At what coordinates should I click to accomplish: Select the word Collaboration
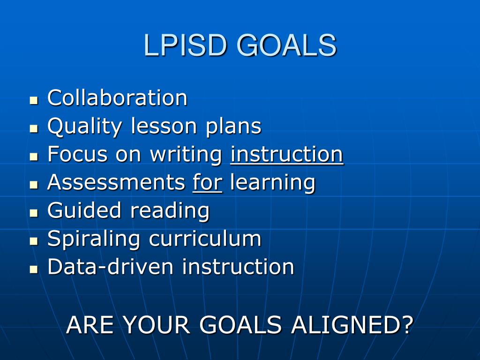coord(117,97)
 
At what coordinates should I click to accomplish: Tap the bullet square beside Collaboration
coord(34,100)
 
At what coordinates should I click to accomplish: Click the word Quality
coord(85,127)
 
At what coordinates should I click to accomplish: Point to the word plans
coord(233,127)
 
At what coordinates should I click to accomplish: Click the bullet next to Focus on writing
coord(34,157)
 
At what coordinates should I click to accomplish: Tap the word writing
coord(186,155)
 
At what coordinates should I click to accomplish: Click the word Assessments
coord(116,182)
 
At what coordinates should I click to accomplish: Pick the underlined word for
coord(208,182)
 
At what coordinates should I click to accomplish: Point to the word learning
coord(272,183)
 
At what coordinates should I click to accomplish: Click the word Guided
coord(84,210)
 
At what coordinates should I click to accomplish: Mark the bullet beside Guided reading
coord(34,213)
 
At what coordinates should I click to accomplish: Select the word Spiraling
coord(94,240)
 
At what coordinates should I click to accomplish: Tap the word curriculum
coord(205,239)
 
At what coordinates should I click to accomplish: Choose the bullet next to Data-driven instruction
coord(34,270)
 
